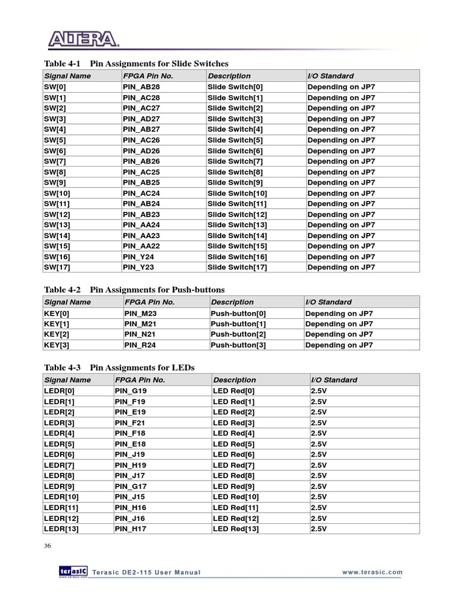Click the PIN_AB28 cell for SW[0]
(141, 87)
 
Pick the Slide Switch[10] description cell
(237, 193)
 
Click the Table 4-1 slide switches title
(137, 64)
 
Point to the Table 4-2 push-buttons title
(134, 290)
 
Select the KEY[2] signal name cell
(57, 334)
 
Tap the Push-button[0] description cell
(238, 313)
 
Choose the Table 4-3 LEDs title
(120, 368)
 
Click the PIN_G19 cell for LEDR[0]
(131, 391)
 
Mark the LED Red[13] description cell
(236, 529)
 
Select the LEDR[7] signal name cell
(59, 465)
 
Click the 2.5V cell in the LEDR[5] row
(318, 444)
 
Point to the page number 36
(48, 546)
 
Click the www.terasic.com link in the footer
(372, 573)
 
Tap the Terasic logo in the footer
(73, 571)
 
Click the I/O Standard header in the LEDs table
(334, 380)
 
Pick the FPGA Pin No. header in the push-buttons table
(149, 302)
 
